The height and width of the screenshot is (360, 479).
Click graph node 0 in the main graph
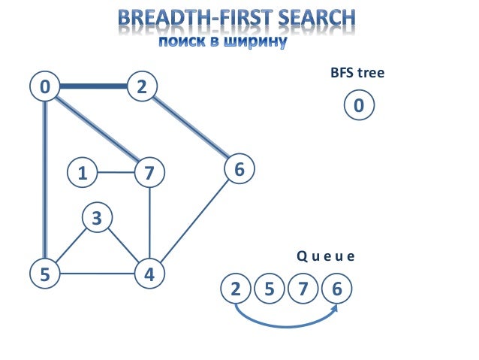tap(45, 87)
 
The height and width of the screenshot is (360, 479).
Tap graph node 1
tap(82, 173)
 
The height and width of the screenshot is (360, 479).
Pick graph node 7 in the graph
tap(149, 173)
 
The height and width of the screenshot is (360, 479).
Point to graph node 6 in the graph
tap(239, 170)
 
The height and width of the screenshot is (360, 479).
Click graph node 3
tap(96, 219)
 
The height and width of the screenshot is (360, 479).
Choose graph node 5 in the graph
tap(45, 274)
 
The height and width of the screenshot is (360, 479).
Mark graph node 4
tap(149, 274)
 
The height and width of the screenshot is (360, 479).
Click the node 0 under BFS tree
tap(358, 106)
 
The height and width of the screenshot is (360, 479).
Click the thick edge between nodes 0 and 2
tap(93, 87)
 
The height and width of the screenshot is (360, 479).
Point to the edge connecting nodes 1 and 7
tap(116, 173)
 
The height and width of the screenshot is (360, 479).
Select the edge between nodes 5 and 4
tap(98, 274)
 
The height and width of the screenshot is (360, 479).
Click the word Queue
tap(324, 256)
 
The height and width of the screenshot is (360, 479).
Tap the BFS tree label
tap(357, 74)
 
